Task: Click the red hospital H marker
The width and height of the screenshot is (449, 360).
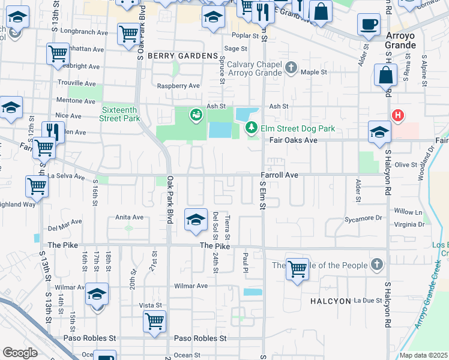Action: click(396, 115)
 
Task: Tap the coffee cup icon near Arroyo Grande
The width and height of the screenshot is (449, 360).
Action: click(368, 25)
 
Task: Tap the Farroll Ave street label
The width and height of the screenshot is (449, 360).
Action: click(279, 175)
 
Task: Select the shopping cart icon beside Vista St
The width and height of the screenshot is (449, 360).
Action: click(154, 322)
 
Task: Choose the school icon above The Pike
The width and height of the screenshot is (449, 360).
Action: click(196, 221)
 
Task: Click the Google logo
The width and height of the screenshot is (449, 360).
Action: click(20, 352)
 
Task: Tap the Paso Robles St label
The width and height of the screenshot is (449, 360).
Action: click(200, 338)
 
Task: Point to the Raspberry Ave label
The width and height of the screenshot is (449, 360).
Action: click(178, 86)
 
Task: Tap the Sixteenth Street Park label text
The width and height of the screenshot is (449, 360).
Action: click(121, 114)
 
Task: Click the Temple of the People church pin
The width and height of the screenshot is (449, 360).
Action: click(376, 265)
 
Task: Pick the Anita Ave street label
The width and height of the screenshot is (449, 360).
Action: click(130, 217)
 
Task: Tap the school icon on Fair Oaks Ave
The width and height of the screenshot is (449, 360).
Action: click(379, 133)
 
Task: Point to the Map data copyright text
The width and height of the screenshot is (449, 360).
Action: click(424, 355)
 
